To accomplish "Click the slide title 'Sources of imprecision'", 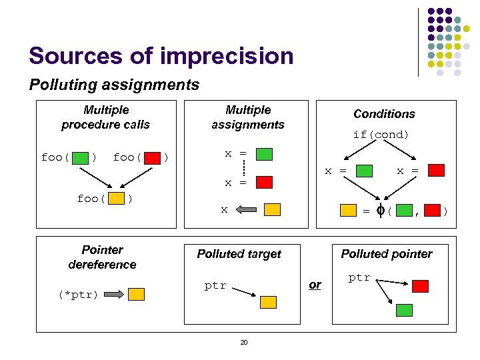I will point(161,56).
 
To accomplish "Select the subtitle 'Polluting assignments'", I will point(114,85).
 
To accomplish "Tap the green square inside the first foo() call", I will point(80,158).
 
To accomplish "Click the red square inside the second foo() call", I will point(153,158).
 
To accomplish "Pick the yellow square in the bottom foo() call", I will point(116,199).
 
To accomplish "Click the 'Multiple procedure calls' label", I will point(105,117).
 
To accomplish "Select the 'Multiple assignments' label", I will point(248,117).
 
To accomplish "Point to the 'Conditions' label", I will point(384,114).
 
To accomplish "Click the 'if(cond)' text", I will point(381,135).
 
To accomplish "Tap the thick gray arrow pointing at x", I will point(247,210).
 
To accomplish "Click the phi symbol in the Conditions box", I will point(380,211).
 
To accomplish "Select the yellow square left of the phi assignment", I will point(348,211).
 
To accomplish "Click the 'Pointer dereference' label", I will point(102,257).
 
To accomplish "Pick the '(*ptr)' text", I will point(78,294).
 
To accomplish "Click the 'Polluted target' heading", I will point(239,254).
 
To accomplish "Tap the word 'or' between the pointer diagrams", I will point(315,285).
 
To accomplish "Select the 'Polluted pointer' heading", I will point(387,254).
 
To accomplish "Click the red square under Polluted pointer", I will point(420,286).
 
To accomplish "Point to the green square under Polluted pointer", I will point(404,310).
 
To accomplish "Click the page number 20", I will point(243,343).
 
